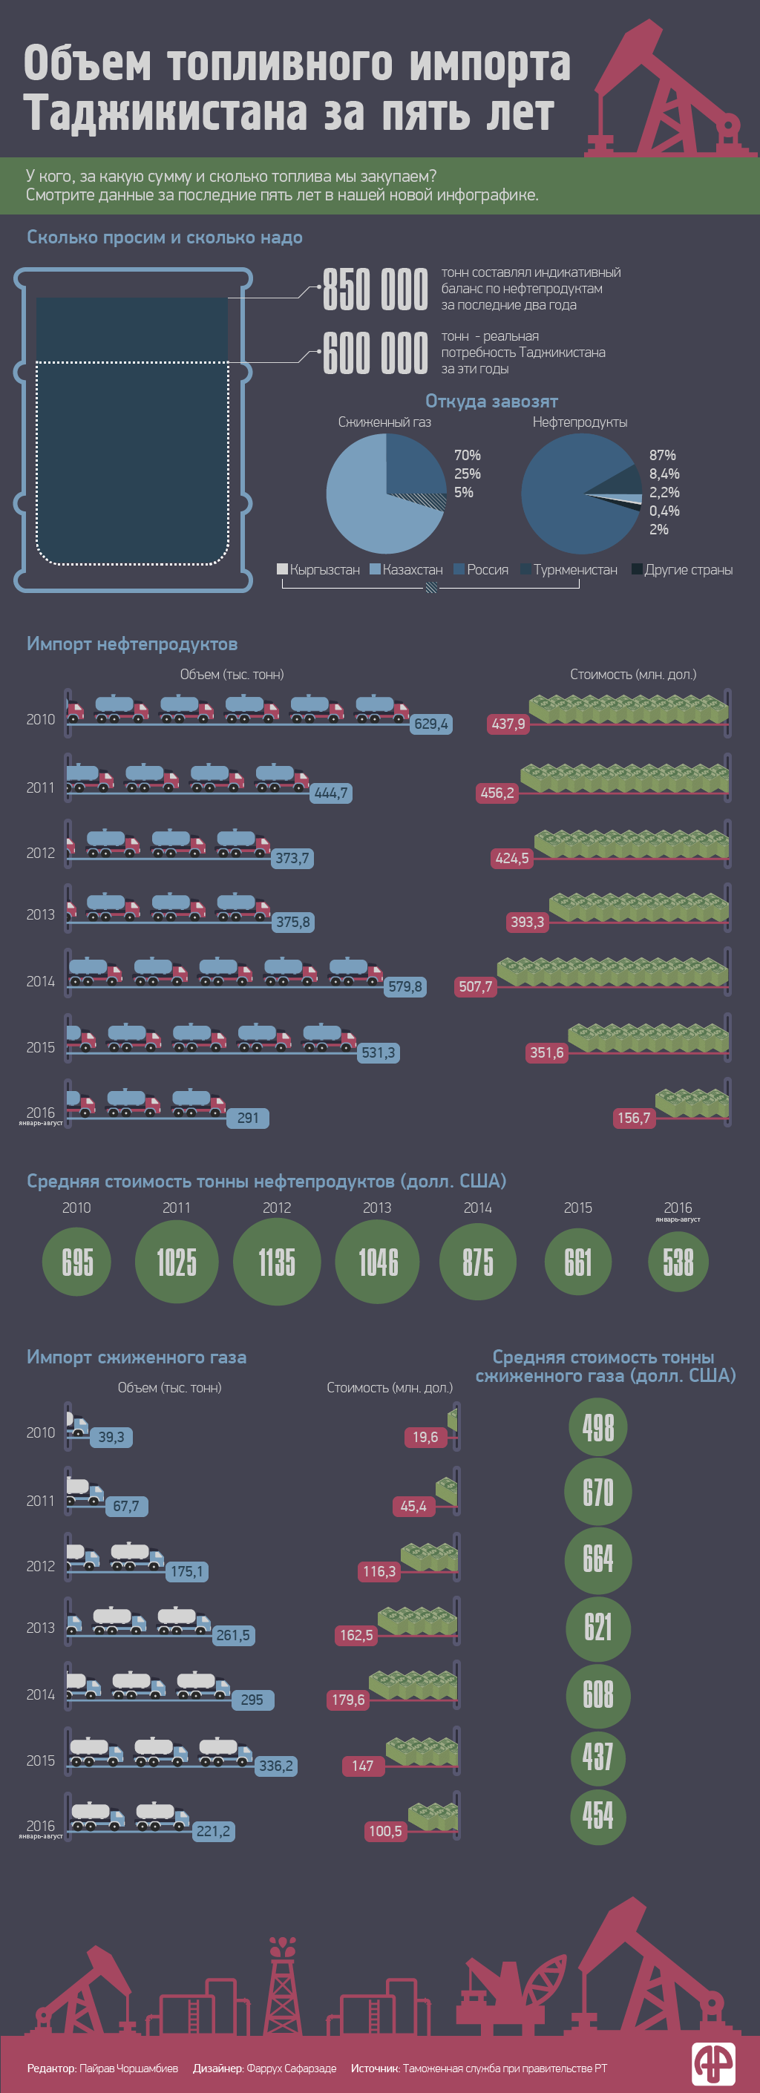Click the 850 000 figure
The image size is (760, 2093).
[x=375, y=289]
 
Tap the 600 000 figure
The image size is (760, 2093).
[x=375, y=353]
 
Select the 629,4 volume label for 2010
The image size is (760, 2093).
[x=430, y=724]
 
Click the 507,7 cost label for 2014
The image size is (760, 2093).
[x=476, y=986]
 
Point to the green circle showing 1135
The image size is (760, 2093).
[x=276, y=1262]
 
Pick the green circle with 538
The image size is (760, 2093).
[x=678, y=1262]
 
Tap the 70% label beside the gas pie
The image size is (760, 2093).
[x=468, y=455]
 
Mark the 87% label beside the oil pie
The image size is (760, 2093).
[x=663, y=455]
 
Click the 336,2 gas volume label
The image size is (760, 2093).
[x=275, y=1766]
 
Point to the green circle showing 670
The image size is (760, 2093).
[x=598, y=1493]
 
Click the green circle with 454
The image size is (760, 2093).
[x=598, y=1816]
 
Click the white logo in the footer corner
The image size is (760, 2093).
[x=714, y=2063]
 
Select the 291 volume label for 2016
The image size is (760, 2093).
[x=248, y=1118]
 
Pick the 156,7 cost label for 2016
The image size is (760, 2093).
[x=634, y=1118]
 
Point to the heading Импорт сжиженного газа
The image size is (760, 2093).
[x=137, y=1357]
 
